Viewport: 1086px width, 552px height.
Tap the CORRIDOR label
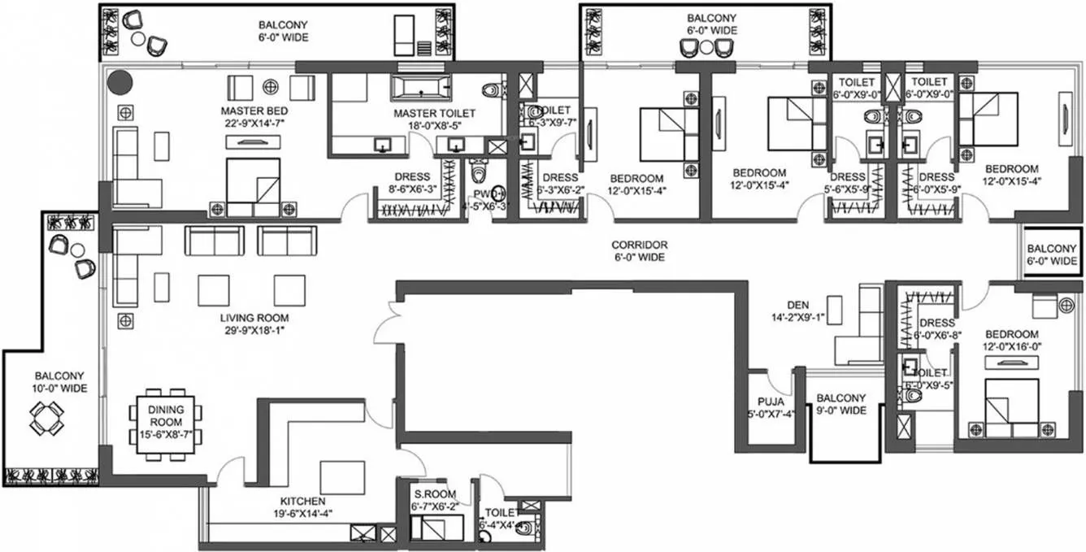click(640, 245)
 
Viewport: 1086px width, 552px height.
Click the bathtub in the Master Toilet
click(420, 87)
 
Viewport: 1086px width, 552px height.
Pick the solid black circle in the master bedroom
click(120, 81)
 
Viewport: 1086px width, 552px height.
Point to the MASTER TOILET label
click(434, 114)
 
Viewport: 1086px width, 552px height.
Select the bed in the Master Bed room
click(252, 187)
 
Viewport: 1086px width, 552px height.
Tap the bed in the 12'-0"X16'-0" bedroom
click(1011, 403)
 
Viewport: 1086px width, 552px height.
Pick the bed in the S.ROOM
click(436, 527)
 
